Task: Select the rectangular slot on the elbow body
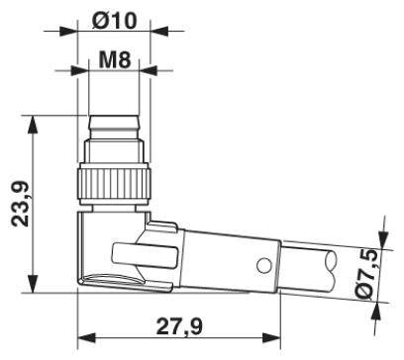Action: pyautogui.click(x=139, y=256)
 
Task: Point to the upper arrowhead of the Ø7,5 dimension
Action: pyautogui.click(x=377, y=240)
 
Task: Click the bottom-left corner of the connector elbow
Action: pyautogui.click(x=79, y=288)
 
